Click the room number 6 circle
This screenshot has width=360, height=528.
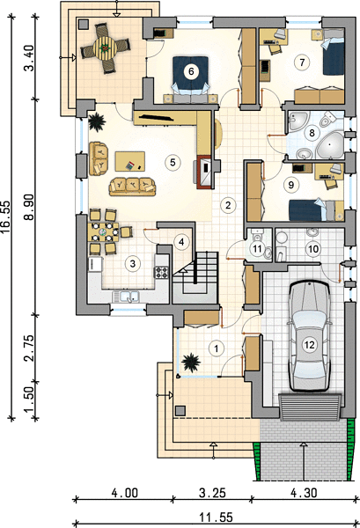click(x=191, y=71)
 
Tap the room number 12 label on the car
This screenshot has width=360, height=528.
click(x=309, y=344)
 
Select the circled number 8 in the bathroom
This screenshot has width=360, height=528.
click(x=312, y=132)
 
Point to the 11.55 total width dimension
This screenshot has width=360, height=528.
click(x=217, y=517)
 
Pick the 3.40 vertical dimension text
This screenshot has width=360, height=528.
click(x=29, y=58)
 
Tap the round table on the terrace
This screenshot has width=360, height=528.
click(x=106, y=48)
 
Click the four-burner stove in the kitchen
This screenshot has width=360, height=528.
click(x=162, y=272)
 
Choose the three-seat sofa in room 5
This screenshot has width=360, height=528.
click(x=132, y=187)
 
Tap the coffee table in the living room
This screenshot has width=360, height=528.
click(x=130, y=161)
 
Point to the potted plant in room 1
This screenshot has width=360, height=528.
click(x=191, y=363)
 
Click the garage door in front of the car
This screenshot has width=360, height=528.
click(x=310, y=407)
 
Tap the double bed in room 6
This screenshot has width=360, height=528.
click(x=190, y=77)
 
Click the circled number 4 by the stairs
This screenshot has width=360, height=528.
click(x=181, y=242)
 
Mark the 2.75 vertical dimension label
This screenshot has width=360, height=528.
click(x=29, y=348)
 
